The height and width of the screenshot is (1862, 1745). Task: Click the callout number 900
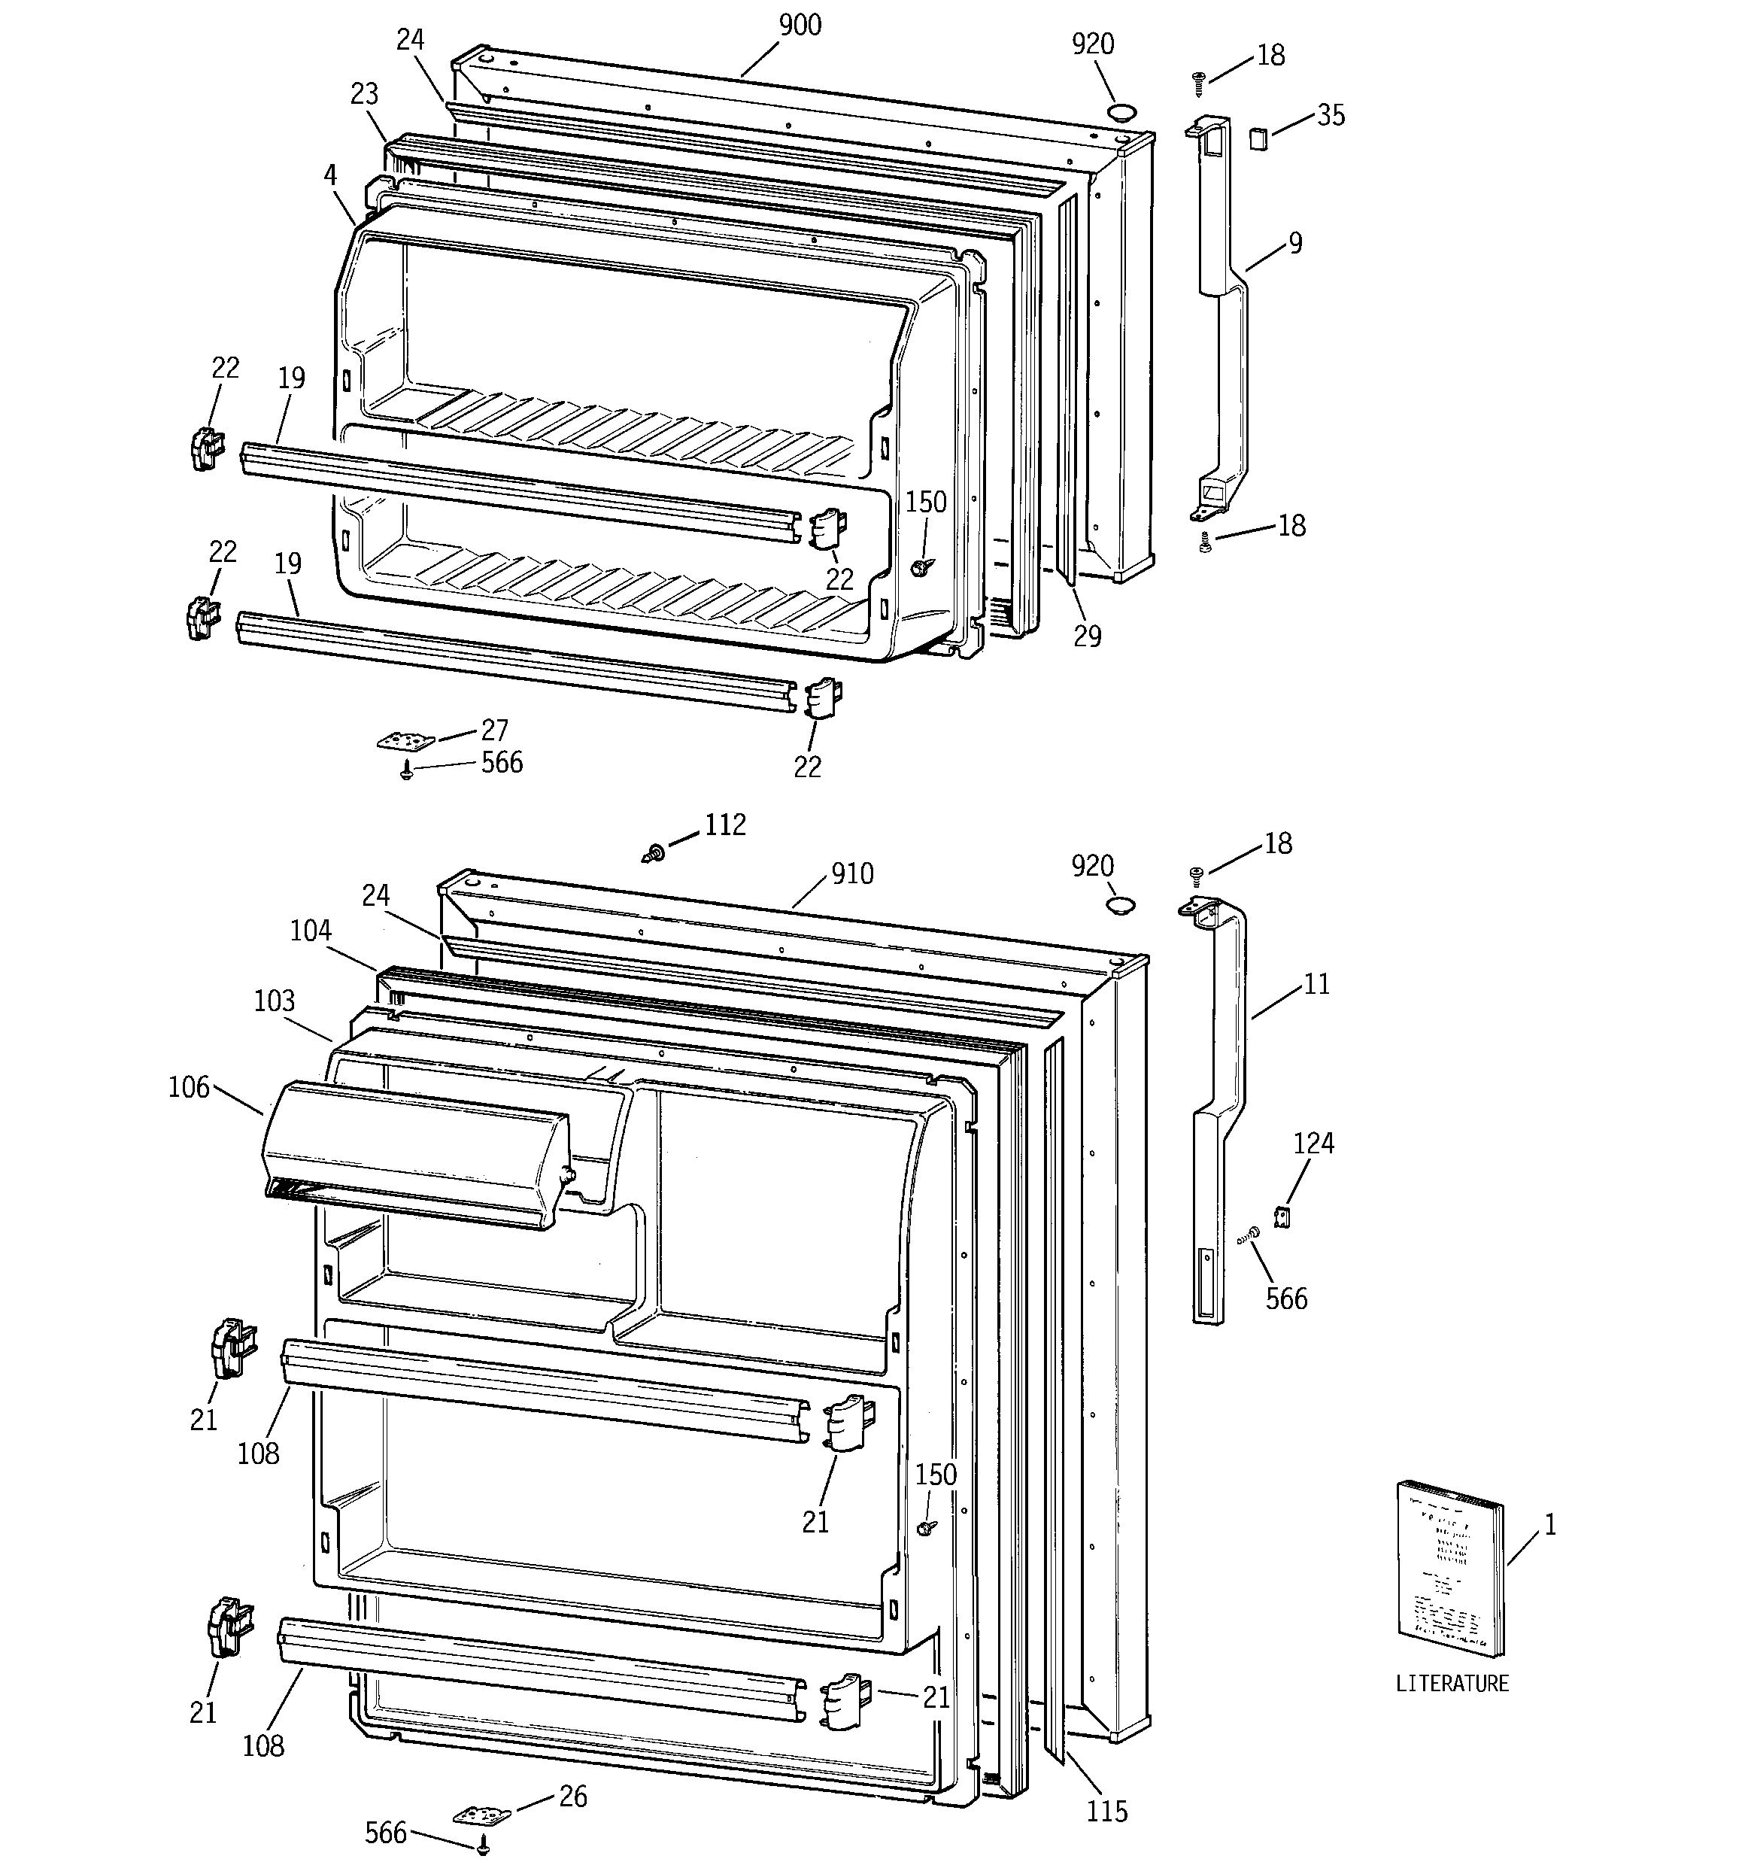pos(800,26)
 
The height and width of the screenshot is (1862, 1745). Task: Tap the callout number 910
pos(852,874)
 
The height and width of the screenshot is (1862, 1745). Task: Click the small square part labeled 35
pos(1258,138)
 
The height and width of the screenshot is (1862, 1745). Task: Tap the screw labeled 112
pos(654,852)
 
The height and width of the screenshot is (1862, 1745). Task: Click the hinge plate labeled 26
pos(482,1815)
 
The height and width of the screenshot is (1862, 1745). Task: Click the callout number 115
pos(1106,1812)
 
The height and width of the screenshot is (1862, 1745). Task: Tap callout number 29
pos(1087,637)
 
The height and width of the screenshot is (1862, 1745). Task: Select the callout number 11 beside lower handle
pos(1316,984)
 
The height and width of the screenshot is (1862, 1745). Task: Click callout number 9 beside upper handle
pos(1294,244)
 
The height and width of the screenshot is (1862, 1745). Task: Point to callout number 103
pos(275,1001)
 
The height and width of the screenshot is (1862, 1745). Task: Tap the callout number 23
pos(363,95)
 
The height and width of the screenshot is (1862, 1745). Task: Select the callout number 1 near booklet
pos(1549,1526)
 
